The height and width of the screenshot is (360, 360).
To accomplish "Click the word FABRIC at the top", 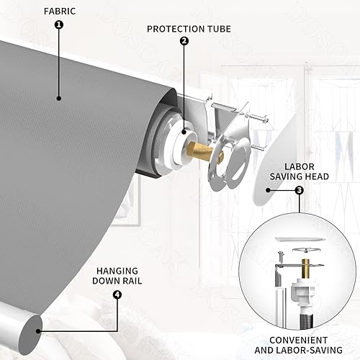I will point(59,12).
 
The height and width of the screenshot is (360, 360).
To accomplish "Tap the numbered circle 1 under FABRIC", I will point(59,24).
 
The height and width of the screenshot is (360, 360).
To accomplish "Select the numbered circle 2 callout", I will point(184,40).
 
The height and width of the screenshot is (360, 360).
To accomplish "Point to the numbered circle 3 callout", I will point(299,191).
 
